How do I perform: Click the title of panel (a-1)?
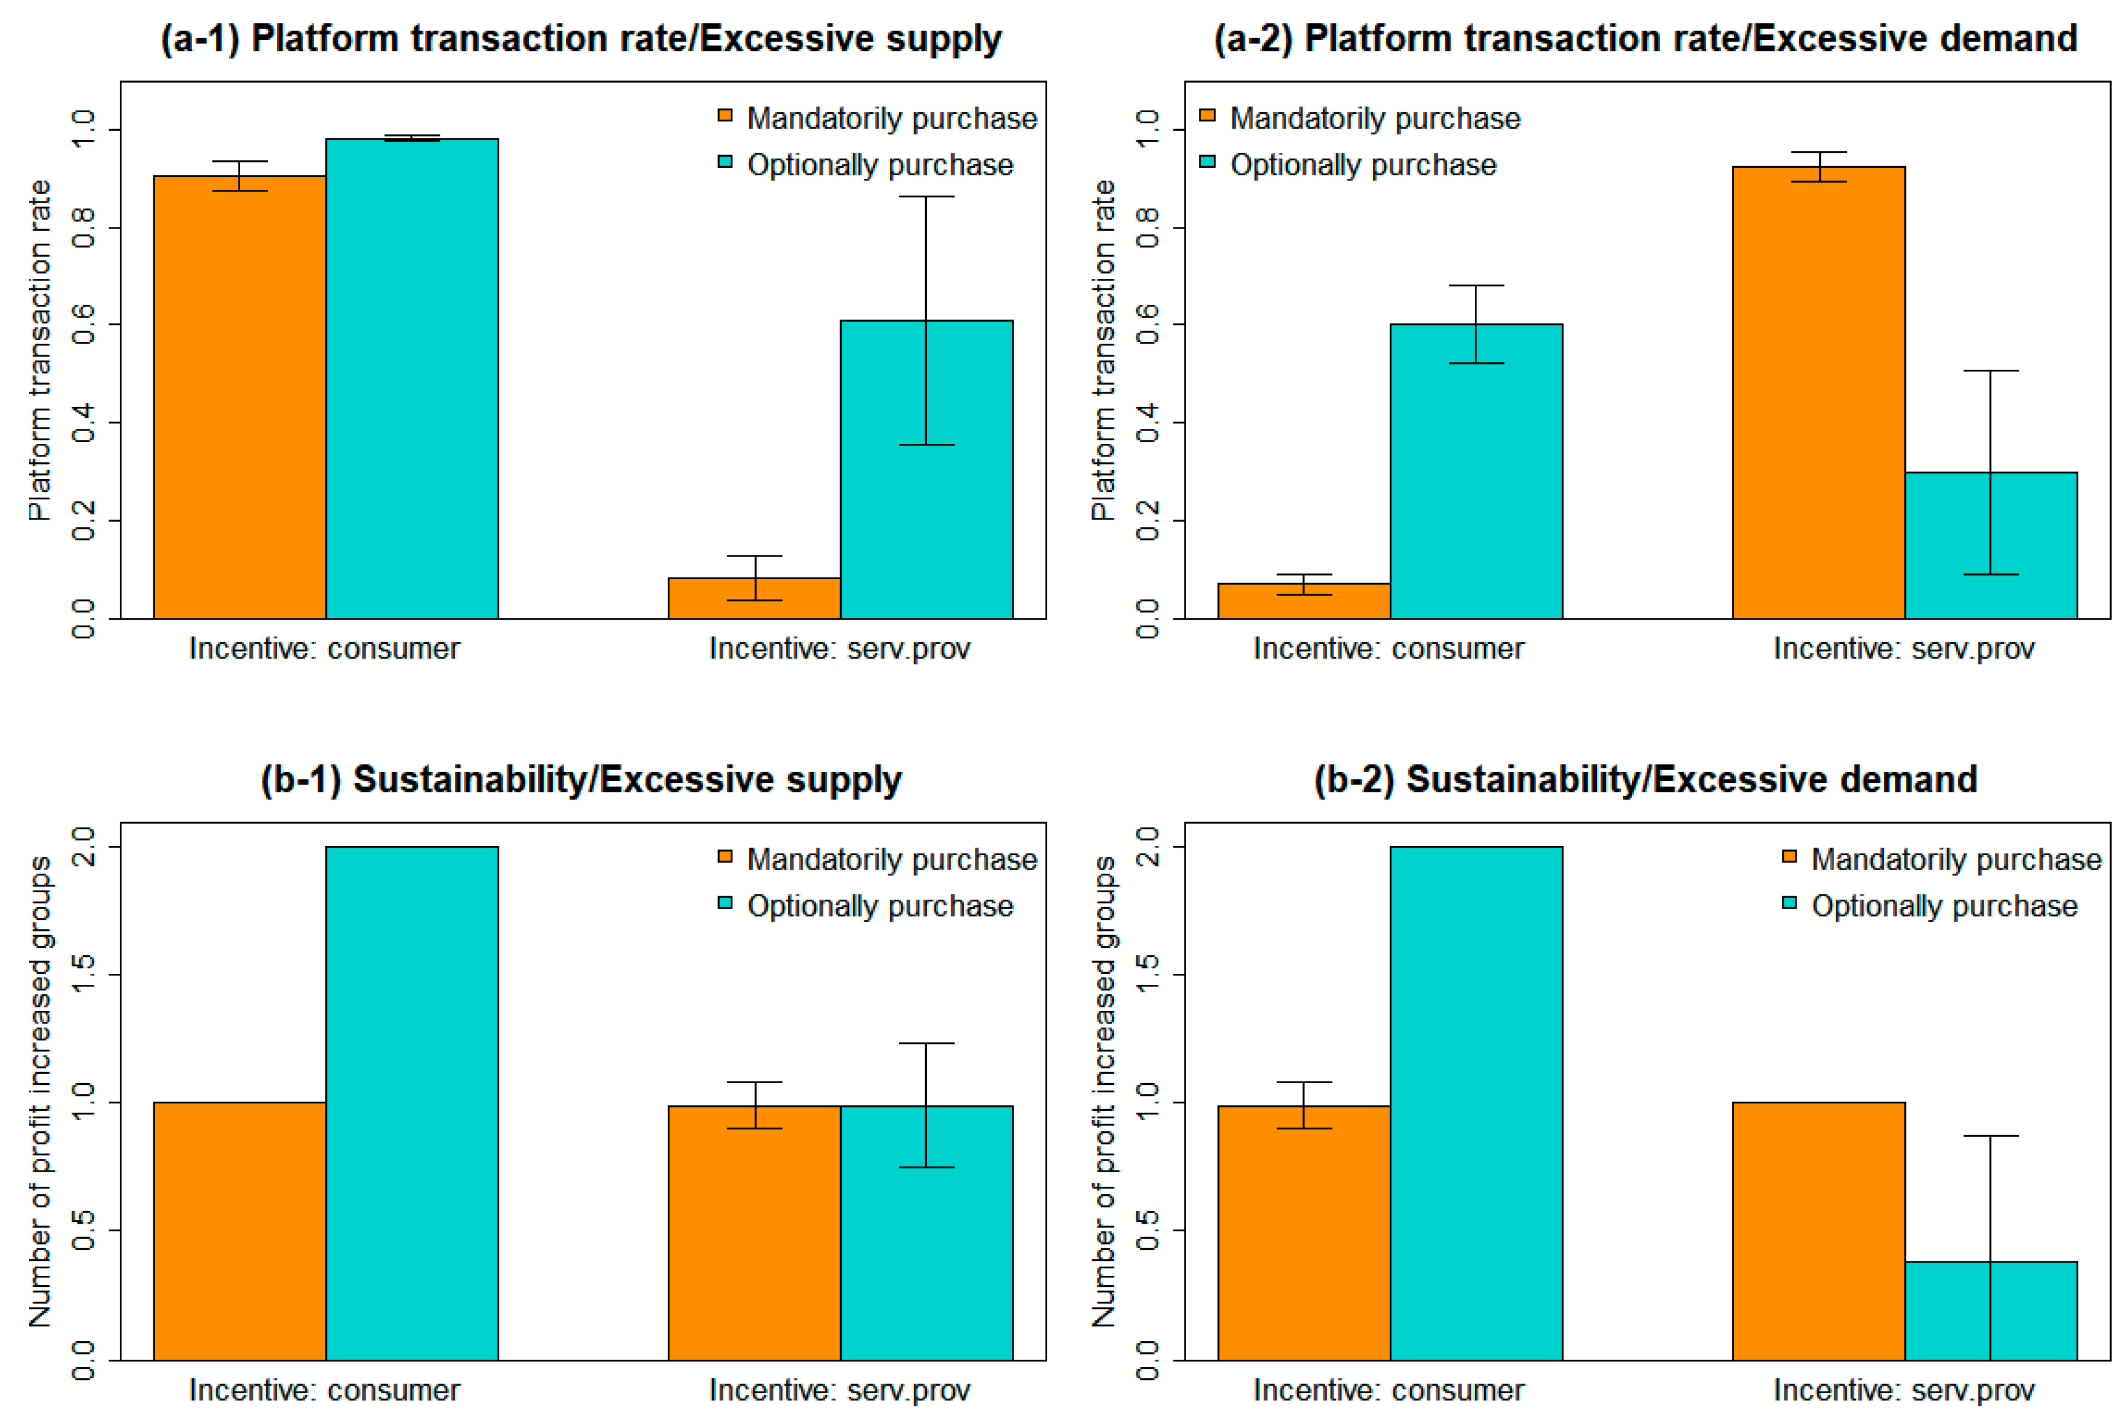coord(581,39)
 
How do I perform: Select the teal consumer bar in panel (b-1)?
coord(412,1102)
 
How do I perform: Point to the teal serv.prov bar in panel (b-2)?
coord(1990,1311)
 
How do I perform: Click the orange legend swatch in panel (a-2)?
coord(1207,116)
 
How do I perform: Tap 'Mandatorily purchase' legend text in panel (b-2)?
coord(1956,859)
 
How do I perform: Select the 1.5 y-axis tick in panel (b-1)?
coord(83,974)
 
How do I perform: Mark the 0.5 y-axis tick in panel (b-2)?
coord(1147,1231)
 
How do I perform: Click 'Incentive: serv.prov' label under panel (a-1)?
coord(840,649)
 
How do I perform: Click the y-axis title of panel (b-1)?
coord(40,1092)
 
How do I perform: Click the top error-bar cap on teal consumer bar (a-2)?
coord(1476,286)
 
